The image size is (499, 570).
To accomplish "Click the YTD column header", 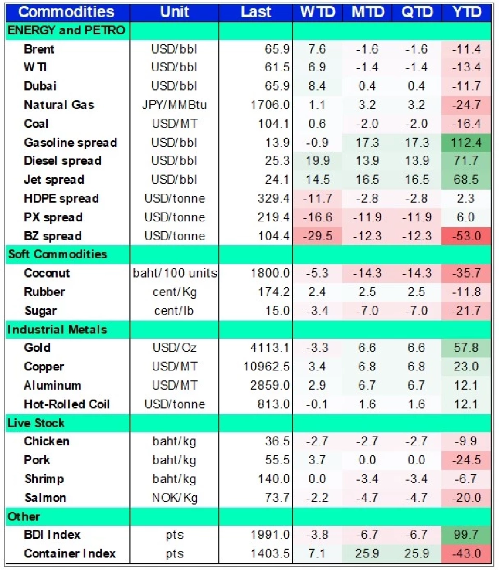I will point(466,12).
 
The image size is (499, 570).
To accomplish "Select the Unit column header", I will point(174,12).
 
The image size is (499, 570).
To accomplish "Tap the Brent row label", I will point(39,49).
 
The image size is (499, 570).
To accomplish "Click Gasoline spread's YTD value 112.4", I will point(466,142).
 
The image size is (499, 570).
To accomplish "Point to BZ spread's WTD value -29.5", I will point(318,236).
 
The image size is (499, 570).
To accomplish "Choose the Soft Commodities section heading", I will point(57,254).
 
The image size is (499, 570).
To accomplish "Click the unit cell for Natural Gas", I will point(174,105).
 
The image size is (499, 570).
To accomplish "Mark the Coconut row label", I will point(47,273).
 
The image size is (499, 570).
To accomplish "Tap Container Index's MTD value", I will point(367,554).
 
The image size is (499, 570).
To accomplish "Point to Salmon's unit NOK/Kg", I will point(174,498).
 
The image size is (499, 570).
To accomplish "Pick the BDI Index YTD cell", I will point(466,535).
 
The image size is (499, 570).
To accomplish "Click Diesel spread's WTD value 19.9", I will point(318,161).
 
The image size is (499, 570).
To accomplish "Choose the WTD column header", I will point(318,12).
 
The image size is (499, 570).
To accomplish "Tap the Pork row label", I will point(37,460).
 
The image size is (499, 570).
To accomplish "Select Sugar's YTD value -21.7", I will point(466,311).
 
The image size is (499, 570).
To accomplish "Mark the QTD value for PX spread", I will point(416,217).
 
